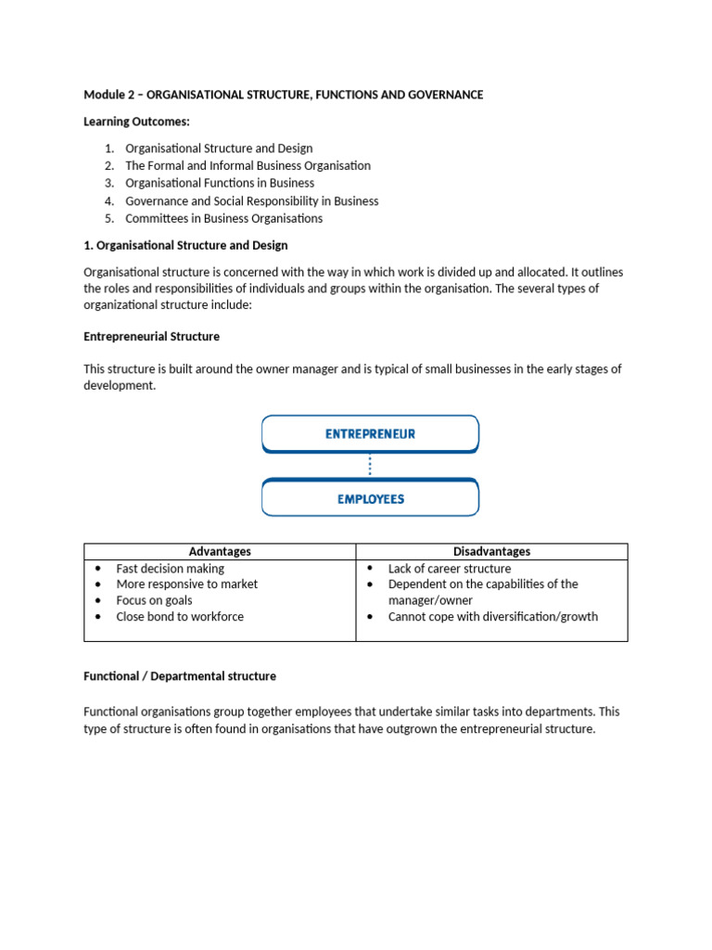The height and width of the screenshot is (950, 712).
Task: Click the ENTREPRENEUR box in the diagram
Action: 370,433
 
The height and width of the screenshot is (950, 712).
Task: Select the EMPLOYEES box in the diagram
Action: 370,498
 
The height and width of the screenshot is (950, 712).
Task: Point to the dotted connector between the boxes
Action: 370,465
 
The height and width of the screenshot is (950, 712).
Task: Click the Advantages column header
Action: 220,551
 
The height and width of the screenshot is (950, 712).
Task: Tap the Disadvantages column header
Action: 491,551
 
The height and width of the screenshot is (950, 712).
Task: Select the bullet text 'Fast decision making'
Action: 170,568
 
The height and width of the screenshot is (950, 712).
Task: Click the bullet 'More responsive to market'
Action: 186,584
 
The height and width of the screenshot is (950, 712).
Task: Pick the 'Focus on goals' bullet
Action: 154,600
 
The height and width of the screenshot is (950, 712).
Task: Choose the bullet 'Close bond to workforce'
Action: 180,616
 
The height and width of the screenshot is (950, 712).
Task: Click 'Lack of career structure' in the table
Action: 449,568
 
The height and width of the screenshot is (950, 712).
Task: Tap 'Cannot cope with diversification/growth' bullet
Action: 492,616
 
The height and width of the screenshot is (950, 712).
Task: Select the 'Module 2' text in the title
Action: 108,95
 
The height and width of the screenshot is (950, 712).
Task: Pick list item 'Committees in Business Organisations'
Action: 223,218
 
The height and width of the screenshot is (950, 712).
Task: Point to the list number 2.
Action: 108,165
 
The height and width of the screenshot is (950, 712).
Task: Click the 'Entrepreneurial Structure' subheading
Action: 151,336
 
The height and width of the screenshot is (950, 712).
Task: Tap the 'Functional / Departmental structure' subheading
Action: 179,676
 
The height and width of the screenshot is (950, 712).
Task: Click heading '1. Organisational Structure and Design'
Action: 185,245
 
